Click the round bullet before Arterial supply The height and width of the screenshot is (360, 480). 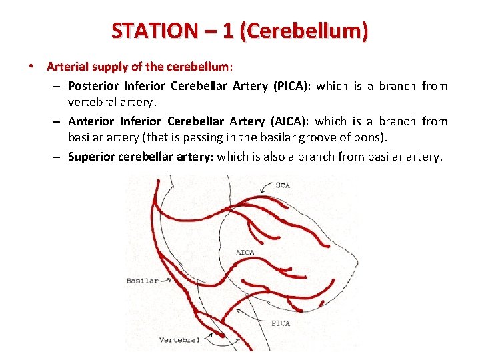point(31,67)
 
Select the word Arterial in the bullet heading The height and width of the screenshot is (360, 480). point(68,67)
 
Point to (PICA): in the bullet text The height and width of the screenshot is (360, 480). point(291,85)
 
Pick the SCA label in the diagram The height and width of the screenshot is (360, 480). point(283,185)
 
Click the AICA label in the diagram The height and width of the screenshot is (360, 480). point(246,253)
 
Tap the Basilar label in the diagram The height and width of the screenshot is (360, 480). point(143,281)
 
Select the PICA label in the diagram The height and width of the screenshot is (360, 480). point(280,323)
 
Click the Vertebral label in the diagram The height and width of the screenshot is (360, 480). point(179,340)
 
